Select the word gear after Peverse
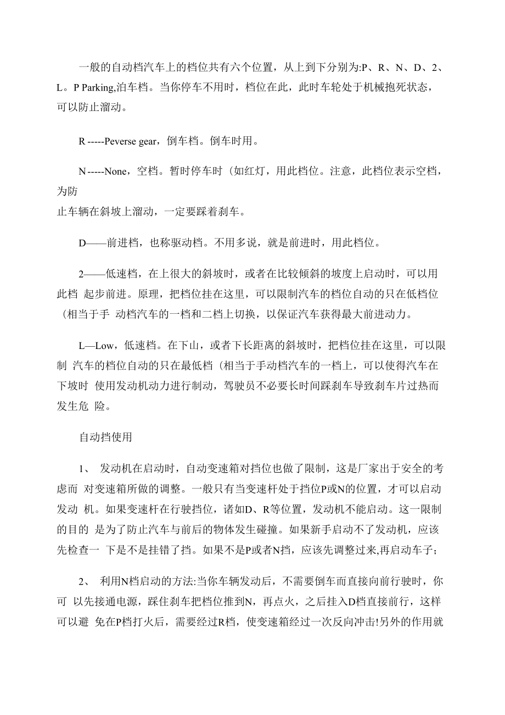tap(148, 141)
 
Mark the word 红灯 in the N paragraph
tap(249, 171)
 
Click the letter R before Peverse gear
tap(82, 141)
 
